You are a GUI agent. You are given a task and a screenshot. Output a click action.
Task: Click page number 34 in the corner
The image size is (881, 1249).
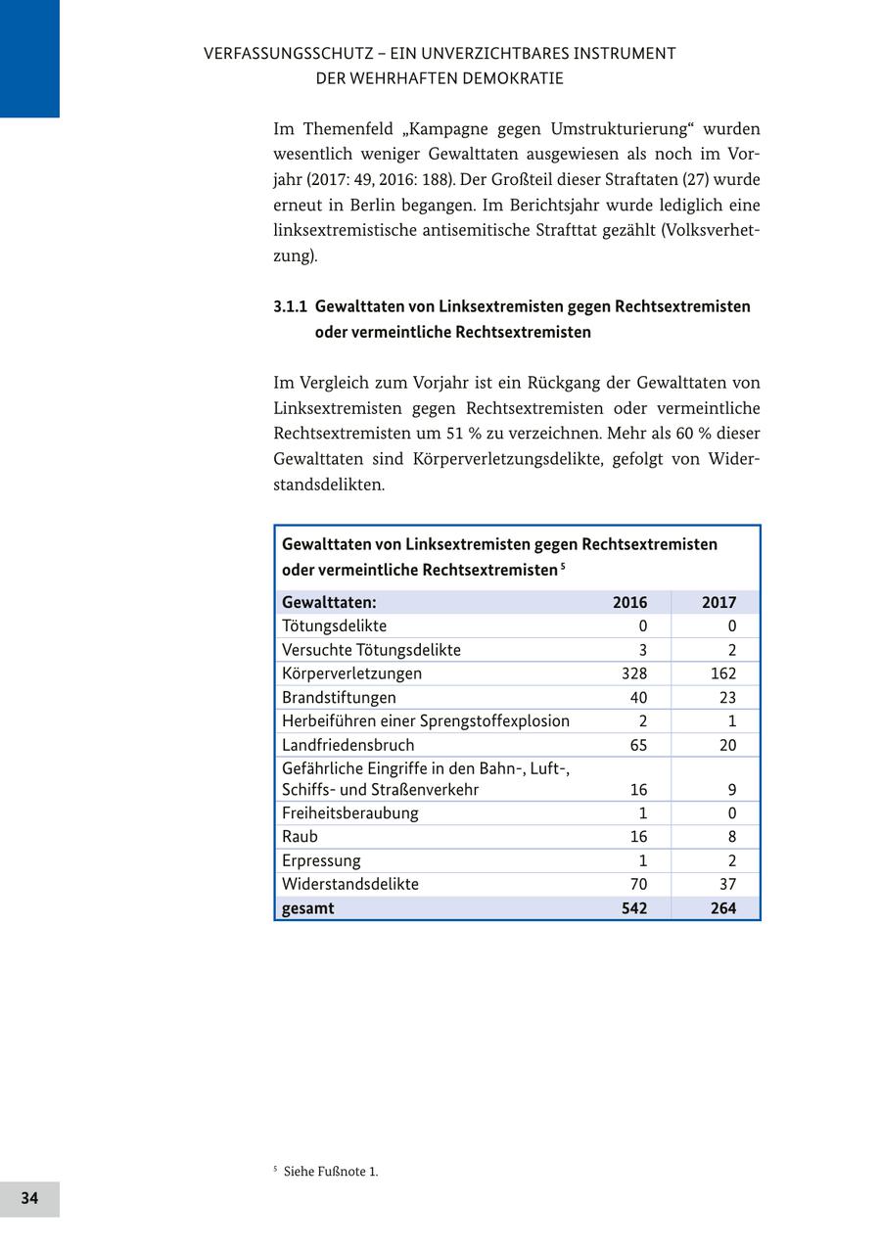tap(29, 1198)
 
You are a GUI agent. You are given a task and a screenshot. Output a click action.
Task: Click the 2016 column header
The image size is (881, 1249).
tap(629, 602)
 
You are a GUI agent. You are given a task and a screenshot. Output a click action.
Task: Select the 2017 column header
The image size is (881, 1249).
tap(719, 602)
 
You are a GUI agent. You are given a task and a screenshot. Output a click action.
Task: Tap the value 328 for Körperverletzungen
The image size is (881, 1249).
tap(634, 673)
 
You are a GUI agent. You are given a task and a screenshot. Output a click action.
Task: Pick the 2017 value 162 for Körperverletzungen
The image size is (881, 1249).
tap(722, 673)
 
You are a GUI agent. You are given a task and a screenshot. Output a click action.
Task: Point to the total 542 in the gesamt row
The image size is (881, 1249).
tap(634, 907)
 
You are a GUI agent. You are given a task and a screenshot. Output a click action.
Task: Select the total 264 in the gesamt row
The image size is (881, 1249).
tap(722, 907)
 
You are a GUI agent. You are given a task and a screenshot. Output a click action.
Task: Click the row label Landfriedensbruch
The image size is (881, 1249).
tap(348, 745)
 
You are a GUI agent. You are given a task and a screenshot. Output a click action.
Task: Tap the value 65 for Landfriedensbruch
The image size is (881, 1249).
tap(638, 745)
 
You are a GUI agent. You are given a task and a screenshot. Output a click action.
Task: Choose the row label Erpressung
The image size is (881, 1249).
tap(321, 860)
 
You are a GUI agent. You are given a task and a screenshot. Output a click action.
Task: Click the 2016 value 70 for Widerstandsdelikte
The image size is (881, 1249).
tap(638, 884)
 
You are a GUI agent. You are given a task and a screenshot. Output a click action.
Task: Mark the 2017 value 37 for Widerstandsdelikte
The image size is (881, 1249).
tap(726, 884)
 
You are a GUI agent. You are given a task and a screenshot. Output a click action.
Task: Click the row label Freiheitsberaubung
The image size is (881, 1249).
tap(349, 812)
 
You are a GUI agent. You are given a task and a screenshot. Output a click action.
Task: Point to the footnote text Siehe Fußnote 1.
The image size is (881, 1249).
tap(330, 1172)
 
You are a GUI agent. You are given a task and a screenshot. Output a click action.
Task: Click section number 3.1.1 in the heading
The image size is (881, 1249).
tap(290, 306)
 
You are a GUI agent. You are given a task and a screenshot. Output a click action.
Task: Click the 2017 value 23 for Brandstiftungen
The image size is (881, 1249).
tap(726, 697)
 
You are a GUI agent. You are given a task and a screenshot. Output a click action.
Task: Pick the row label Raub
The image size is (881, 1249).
tap(300, 836)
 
